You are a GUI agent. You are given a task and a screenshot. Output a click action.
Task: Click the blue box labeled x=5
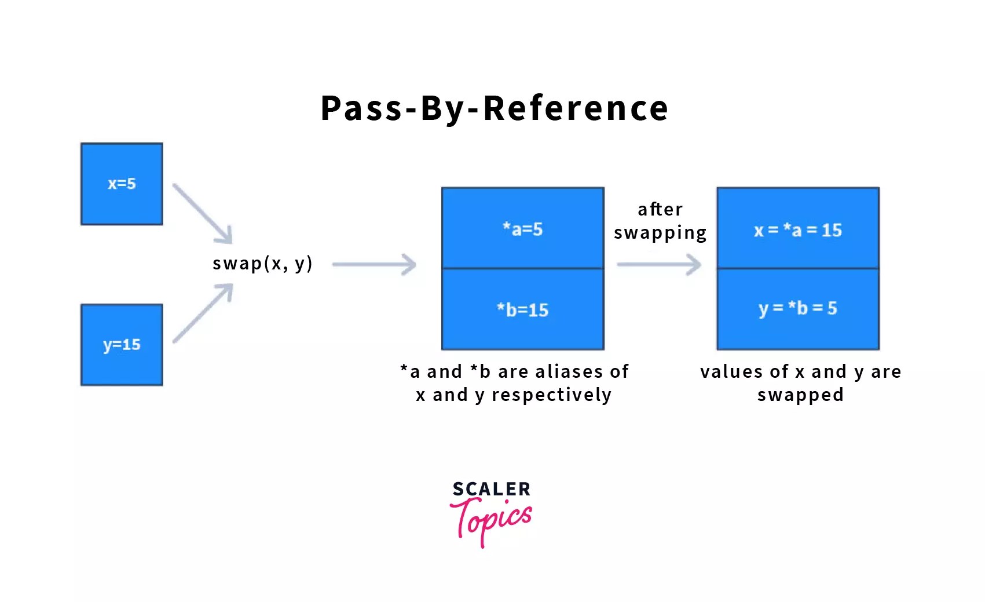click(x=122, y=184)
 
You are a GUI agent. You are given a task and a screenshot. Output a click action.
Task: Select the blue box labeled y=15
click(x=122, y=345)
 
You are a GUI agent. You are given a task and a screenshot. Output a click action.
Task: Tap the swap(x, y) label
click(x=262, y=264)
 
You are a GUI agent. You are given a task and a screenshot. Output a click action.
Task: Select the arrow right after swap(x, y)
click(x=374, y=264)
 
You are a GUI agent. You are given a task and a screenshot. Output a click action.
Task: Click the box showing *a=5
click(x=522, y=228)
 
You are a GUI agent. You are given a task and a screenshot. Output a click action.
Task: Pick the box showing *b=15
click(x=522, y=309)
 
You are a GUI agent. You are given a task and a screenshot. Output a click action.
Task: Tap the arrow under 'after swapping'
click(x=659, y=264)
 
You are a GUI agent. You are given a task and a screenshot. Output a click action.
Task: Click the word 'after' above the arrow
click(x=660, y=209)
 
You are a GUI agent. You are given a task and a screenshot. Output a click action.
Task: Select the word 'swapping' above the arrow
click(x=660, y=233)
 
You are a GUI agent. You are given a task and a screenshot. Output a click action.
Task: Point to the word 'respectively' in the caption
click(x=551, y=395)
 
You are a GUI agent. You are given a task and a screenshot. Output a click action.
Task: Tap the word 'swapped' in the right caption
click(x=800, y=395)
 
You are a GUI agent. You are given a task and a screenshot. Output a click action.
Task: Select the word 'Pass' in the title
click(x=361, y=108)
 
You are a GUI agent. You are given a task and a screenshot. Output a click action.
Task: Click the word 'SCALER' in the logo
click(x=491, y=489)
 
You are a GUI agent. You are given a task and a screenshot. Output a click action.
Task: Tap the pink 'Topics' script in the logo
click(x=492, y=519)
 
